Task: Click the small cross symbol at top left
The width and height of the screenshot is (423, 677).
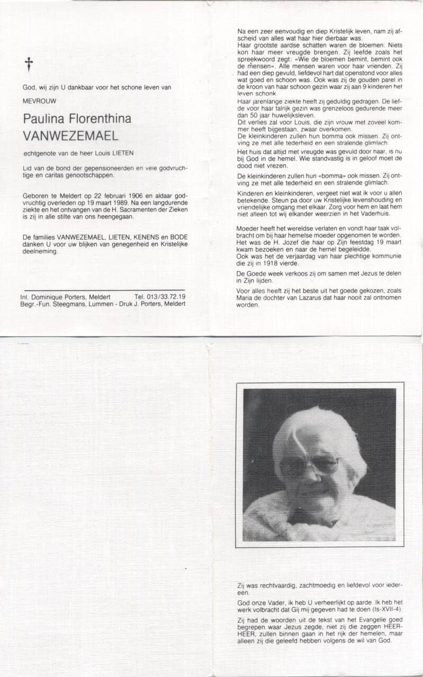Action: click(x=29, y=65)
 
